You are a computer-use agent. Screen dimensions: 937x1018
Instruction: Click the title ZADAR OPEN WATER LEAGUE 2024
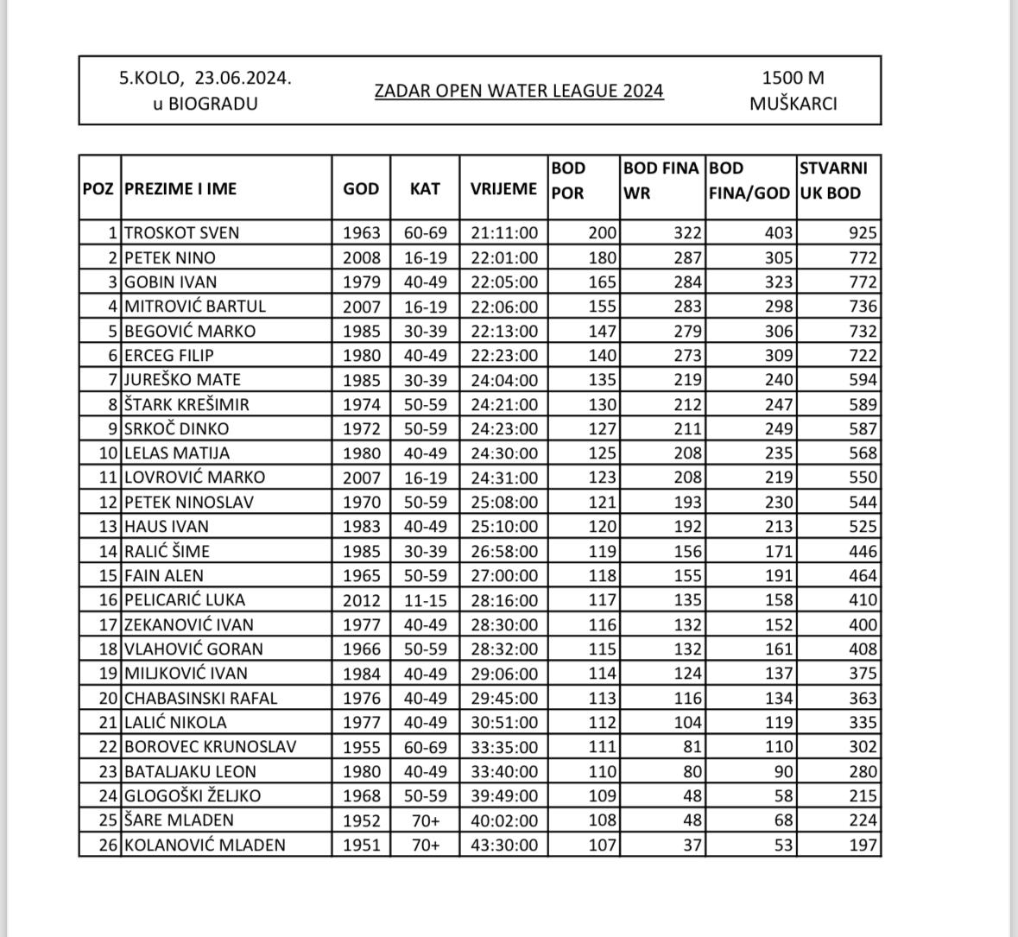tap(519, 91)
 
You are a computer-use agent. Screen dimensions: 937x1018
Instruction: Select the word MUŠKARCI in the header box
tap(793, 104)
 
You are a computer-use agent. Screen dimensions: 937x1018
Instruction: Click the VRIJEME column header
tap(503, 188)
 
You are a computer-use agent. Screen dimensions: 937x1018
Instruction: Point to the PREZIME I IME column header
tap(180, 188)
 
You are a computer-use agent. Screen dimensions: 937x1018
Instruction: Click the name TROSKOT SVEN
tap(182, 232)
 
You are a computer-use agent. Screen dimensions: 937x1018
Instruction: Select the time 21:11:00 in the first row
tap(504, 232)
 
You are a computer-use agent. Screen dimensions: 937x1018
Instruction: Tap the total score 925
tap(863, 232)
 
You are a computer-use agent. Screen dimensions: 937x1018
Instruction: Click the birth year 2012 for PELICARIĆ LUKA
tap(361, 599)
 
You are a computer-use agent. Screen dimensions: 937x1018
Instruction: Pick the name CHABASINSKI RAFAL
tap(201, 698)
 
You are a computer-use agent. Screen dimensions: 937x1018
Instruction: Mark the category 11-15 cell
tap(425, 599)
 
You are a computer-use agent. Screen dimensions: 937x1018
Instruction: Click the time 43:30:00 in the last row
tap(504, 845)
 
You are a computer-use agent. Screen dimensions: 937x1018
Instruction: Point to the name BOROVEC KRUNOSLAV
tap(210, 746)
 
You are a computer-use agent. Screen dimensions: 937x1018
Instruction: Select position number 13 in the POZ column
tap(108, 526)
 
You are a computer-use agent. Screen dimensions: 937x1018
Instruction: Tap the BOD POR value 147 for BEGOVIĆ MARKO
tap(603, 331)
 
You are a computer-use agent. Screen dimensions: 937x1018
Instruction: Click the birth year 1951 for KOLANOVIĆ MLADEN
tap(361, 845)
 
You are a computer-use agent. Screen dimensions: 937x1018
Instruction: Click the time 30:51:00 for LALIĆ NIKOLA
tap(504, 722)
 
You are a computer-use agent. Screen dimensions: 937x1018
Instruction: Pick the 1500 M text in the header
tap(793, 78)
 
